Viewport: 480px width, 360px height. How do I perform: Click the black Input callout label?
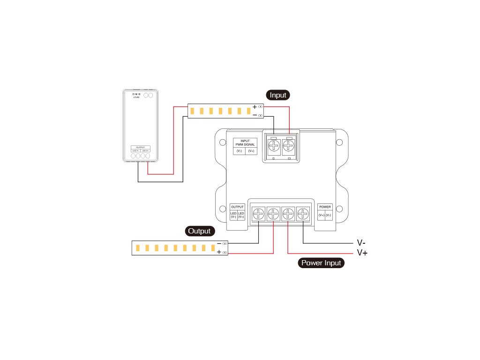tap(278, 95)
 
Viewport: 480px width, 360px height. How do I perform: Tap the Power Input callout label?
tap(321, 263)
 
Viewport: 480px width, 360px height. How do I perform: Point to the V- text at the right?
tap(361, 243)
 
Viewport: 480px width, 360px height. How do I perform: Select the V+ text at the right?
tap(362, 253)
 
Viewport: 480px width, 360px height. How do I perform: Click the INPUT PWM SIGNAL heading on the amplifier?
tap(245, 143)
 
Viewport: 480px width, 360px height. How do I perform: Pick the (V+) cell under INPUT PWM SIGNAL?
tap(251, 151)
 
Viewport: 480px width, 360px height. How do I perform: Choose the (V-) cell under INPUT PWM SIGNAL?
tap(239, 151)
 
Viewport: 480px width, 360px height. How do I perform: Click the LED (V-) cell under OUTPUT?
tap(233, 215)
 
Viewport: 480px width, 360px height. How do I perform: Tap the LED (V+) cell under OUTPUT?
tap(241, 215)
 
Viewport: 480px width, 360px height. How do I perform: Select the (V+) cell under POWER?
tap(322, 215)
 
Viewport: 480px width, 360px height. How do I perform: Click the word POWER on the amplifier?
tap(325, 207)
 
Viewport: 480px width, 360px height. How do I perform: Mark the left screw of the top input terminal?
tap(274, 146)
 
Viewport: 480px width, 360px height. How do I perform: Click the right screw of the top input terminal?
tap(289, 146)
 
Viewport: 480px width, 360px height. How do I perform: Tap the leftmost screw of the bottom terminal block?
tap(259, 215)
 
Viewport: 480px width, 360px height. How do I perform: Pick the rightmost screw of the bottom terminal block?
tap(303, 215)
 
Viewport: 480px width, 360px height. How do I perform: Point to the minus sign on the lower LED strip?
tap(219, 244)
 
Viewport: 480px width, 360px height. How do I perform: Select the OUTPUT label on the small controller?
tap(141, 147)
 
